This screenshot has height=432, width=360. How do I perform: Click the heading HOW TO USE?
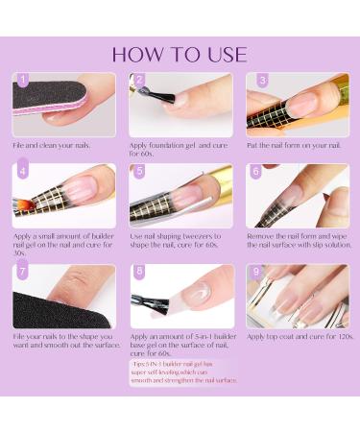pos(180,54)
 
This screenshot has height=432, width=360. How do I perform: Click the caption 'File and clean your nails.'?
pos(56,144)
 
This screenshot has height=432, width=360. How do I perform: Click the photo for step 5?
pos(181,196)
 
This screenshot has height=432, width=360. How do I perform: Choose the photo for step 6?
pos(297,196)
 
